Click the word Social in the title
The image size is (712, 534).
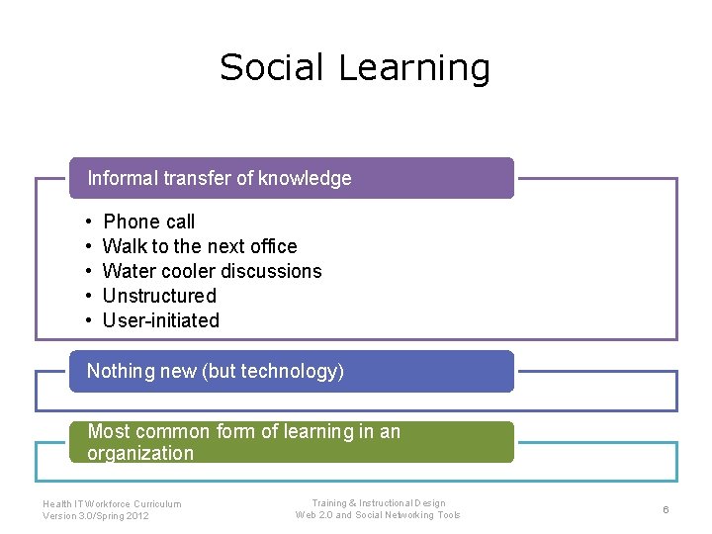(273, 67)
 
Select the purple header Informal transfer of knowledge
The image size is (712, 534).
(291, 178)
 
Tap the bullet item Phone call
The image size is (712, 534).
(148, 222)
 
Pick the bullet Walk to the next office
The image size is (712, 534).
(199, 246)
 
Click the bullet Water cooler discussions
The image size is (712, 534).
(212, 271)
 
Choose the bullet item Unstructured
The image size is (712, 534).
(159, 296)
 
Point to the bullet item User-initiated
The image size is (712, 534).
(161, 320)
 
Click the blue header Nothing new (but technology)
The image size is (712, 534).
(291, 371)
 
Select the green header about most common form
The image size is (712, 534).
(291, 442)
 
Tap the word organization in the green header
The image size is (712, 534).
(140, 454)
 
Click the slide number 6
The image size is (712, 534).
(666, 509)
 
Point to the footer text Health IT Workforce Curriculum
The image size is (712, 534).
(112, 503)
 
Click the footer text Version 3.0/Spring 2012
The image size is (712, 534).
(96, 516)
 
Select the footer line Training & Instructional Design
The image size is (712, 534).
(378, 503)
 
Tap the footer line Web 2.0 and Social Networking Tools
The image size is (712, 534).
(378, 515)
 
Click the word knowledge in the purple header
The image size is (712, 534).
(305, 178)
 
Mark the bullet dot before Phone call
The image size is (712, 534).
(88, 222)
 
